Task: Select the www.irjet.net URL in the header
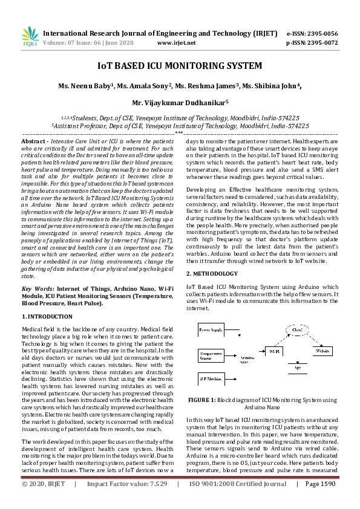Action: coord(176,43)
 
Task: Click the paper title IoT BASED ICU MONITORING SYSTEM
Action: coord(180,65)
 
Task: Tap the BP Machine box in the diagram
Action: coord(210,377)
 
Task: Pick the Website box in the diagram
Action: coord(322,351)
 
